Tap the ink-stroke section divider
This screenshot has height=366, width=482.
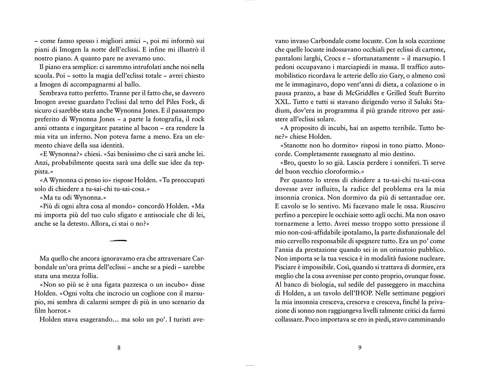tap(118, 240)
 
